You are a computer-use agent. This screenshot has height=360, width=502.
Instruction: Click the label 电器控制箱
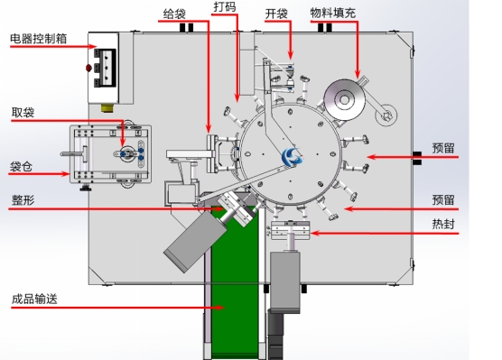point(39,39)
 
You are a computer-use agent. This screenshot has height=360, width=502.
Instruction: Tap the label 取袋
point(23,113)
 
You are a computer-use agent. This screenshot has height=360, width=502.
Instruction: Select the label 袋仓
point(21,167)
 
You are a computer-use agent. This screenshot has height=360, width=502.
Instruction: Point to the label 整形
point(23,200)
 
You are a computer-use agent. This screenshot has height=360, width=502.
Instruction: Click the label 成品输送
point(34,299)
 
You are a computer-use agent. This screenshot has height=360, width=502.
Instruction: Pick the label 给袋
point(174,14)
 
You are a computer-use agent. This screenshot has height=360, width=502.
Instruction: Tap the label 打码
point(225,6)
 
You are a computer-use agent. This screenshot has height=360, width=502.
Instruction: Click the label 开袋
point(276,14)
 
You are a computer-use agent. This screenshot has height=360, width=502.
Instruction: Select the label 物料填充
point(333,14)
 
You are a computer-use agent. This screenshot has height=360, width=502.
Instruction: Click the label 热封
point(443,224)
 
